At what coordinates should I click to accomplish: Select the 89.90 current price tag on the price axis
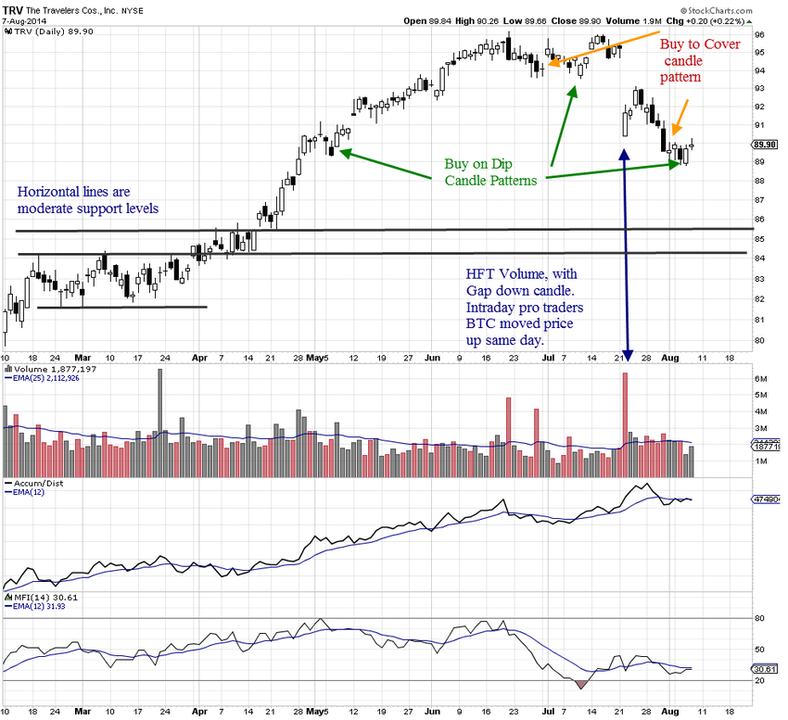pyautogui.click(x=765, y=145)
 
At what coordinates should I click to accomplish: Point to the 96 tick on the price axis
pyautogui.click(x=759, y=35)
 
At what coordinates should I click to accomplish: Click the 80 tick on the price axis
pyautogui.click(x=759, y=340)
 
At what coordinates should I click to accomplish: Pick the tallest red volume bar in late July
pyautogui.click(x=625, y=411)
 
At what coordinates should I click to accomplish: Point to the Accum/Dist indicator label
pyautogui.click(x=36, y=483)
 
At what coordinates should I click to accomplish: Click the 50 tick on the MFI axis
pyautogui.click(x=759, y=650)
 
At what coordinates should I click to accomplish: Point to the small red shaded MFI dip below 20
pyautogui.click(x=581, y=685)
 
